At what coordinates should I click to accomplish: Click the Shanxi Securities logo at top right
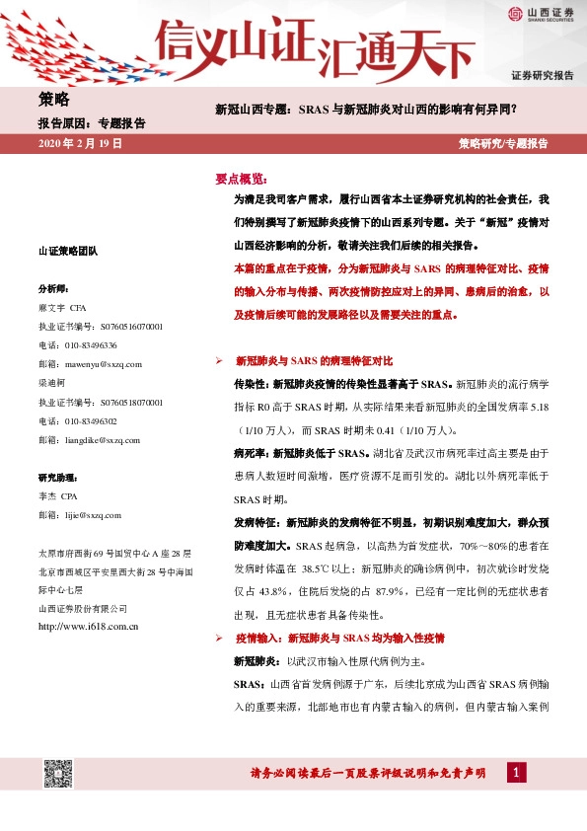(541, 13)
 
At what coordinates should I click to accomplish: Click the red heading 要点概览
(241, 179)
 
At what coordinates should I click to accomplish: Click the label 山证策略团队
(67, 252)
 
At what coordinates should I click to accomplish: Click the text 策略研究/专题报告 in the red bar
(503, 143)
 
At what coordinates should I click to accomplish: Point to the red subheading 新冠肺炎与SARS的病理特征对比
(314, 361)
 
